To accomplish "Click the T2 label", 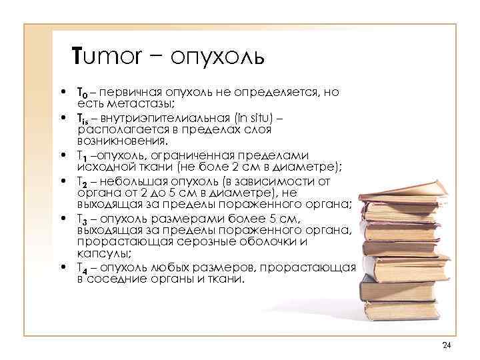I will click(82, 181).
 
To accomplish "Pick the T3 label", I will click(82, 219).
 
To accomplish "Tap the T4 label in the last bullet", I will click(82, 268).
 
